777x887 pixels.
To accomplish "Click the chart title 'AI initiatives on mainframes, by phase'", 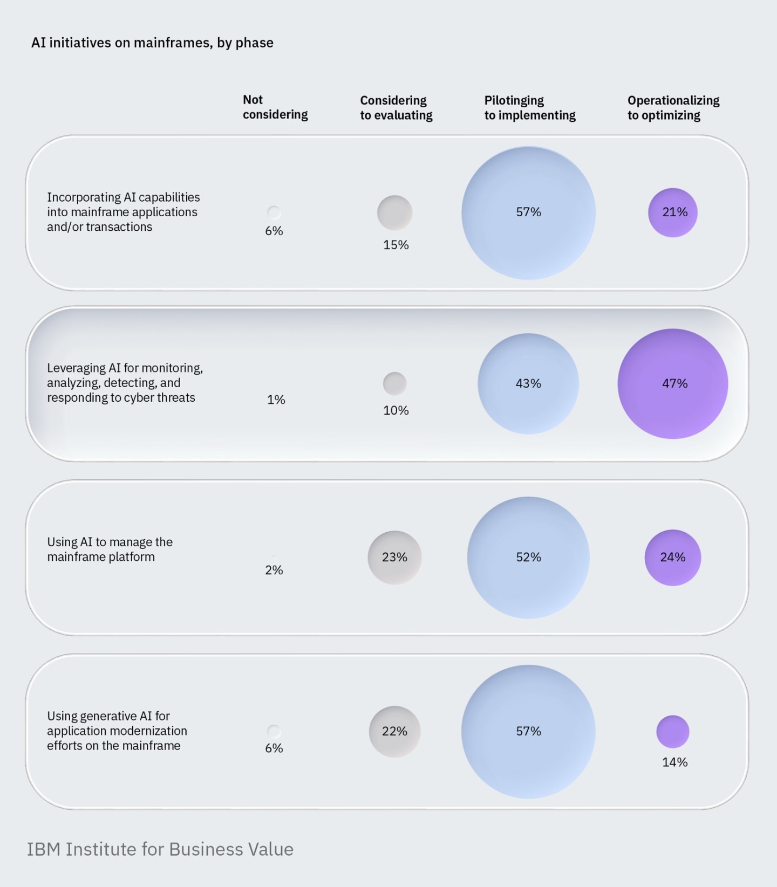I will click(x=152, y=43).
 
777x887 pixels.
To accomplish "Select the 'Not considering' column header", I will click(x=275, y=107).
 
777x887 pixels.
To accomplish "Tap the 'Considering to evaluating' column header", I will click(x=396, y=108).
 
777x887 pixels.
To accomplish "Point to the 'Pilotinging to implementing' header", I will click(x=529, y=108).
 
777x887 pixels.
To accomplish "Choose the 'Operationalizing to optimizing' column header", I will click(x=673, y=108).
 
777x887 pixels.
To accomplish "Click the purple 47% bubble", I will click(x=673, y=384).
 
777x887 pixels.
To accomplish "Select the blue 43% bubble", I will click(x=528, y=384).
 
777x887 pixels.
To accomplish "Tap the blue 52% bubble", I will click(x=528, y=558).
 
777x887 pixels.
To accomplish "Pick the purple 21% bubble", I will click(x=673, y=212).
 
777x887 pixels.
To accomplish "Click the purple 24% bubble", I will click(x=673, y=558).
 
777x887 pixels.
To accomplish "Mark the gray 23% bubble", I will click(x=394, y=558).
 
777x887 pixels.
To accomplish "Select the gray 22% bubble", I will click(x=394, y=732).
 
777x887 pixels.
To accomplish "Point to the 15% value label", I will click(x=396, y=245).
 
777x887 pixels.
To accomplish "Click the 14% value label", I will click(x=675, y=762).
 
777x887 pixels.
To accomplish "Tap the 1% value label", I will click(x=276, y=400).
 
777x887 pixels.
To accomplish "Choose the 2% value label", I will click(x=274, y=570).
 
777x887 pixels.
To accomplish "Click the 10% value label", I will click(x=396, y=411).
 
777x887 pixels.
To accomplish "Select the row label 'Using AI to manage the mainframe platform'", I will click(x=110, y=549).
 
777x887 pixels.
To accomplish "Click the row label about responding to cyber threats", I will click(x=125, y=383).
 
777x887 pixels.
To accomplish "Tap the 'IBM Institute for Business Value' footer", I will click(x=160, y=849).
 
